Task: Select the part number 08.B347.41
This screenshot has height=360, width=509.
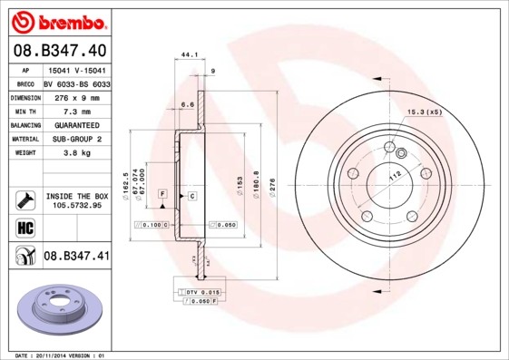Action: tap(76, 257)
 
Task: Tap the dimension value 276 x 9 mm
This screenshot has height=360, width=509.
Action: tap(76, 96)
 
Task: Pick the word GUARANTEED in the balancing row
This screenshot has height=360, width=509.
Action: tap(76, 124)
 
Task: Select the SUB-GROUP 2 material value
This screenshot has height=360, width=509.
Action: tap(76, 139)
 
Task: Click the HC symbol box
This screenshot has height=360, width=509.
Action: tap(25, 227)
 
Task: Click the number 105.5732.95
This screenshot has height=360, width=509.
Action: tap(76, 205)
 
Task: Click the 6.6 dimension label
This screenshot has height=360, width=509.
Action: tap(188, 104)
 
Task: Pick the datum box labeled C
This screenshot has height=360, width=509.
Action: tap(192, 195)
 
